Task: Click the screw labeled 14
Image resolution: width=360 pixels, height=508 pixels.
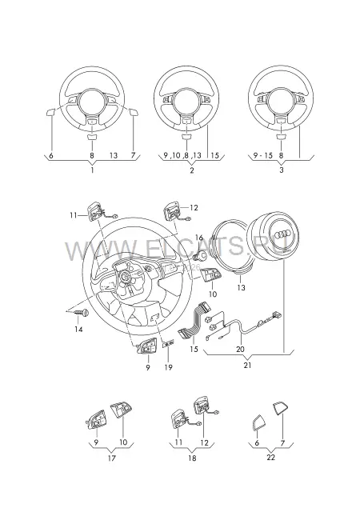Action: pyautogui.click(x=82, y=313)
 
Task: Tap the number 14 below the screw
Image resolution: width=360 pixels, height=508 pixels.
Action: pyautogui.click(x=78, y=329)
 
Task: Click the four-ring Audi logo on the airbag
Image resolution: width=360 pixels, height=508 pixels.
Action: pyautogui.click(x=281, y=235)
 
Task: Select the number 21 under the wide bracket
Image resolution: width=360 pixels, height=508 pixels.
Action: pyautogui.click(x=247, y=365)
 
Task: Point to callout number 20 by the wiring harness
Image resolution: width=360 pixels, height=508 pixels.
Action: pyautogui.click(x=241, y=350)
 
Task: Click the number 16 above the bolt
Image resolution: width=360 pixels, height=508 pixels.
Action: pyautogui.click(x=200, y=238)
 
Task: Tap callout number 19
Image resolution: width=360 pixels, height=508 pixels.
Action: pyautogui.click(x=168, y=367)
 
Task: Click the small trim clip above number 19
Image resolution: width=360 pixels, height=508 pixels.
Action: pyautogui.click(x=168, y=344)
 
